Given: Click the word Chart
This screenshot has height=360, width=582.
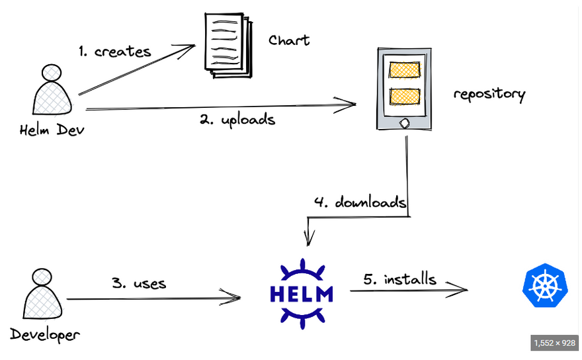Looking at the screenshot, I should pos(289,40).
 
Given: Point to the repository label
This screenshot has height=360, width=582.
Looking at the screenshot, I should pos(489,94).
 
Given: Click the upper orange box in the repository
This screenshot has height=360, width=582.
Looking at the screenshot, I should pos(404,69).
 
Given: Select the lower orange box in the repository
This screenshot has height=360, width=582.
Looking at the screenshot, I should pos(404,96).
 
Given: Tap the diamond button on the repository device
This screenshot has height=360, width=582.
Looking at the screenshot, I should pos(403,122).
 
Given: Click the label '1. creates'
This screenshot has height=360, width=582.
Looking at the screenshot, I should pos(114,51).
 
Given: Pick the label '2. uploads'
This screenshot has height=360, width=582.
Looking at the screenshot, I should pos(237,120).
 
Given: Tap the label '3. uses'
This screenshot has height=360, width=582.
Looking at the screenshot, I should pos(138,283).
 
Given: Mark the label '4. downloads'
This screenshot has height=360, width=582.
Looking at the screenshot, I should pos(360,202).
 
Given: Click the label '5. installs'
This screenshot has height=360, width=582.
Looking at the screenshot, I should pos(399,279).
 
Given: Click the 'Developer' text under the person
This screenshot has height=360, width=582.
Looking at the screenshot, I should pos(46,334).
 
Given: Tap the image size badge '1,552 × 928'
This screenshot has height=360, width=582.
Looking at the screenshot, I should pos(554,343).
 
